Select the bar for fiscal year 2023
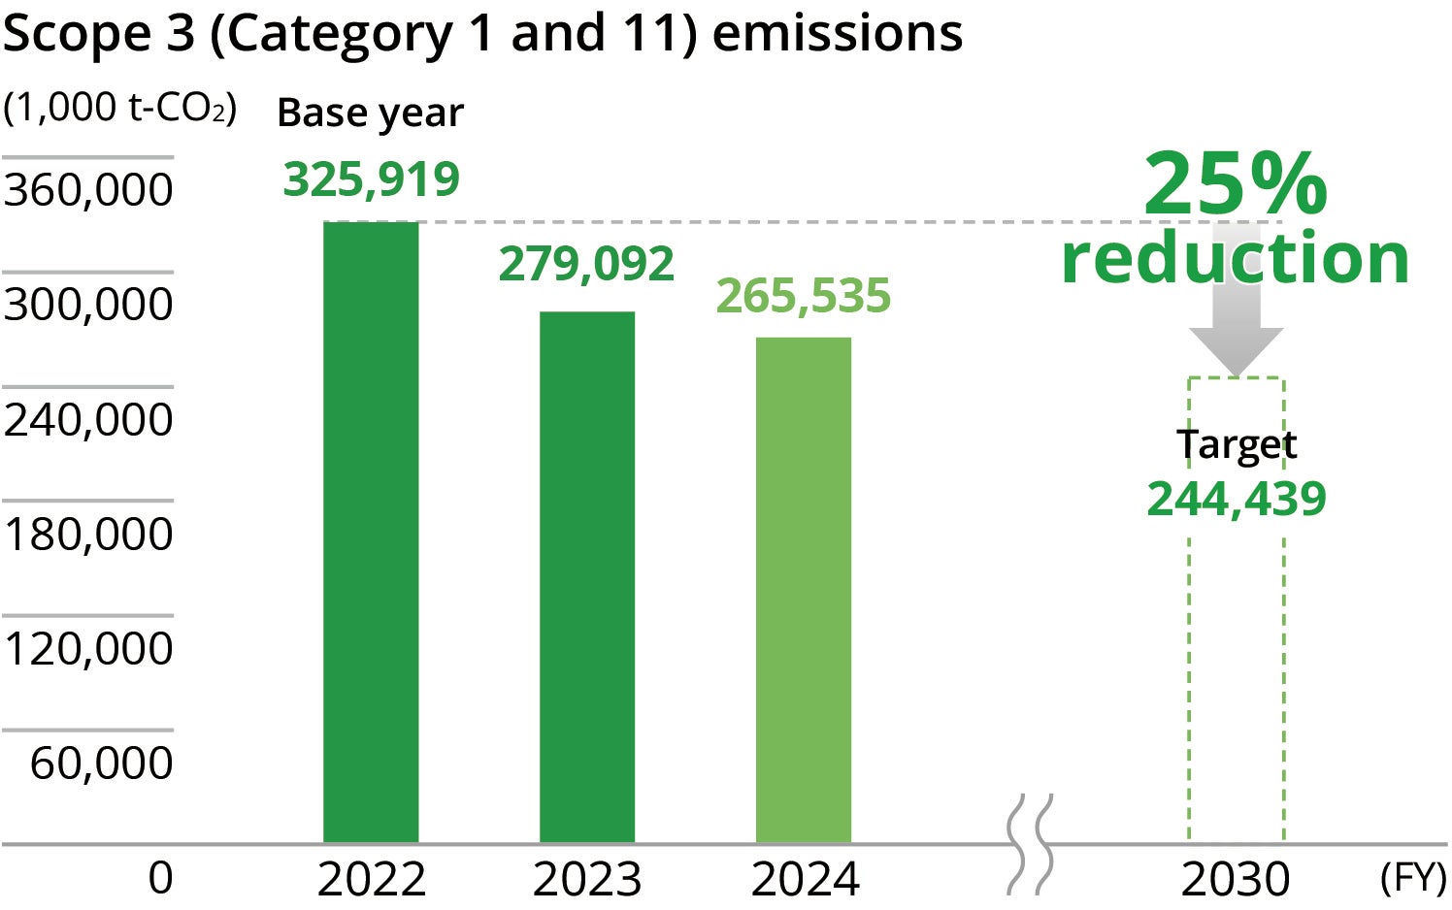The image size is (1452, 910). click(x=587, y=576)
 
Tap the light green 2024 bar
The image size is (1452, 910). click(x=804, y=589)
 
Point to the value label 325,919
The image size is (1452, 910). click(x=371, y=179)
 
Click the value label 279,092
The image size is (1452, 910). click(x=586, y=264)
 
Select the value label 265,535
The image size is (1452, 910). click(x=803, y=296)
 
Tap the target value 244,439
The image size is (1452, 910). click(x=1236, y=499)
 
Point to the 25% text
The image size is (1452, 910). click(x=1235, y=183)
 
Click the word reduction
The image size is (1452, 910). click(x=1235, y=258)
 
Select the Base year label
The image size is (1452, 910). click(x=370, y=113)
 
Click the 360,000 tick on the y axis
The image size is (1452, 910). click(x=88, y=189)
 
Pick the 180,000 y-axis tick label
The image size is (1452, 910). click(x=88, y=534)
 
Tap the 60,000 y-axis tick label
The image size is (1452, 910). click(x=101, y=763)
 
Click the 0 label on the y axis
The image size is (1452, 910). click(x=160, y=877)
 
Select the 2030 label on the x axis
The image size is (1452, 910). click(x=1235, y=879)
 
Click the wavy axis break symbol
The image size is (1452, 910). click(x=1030, y=844)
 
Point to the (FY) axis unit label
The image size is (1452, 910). click(x=1412, y=877)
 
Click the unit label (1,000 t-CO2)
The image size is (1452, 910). click(x=119, y=108)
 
